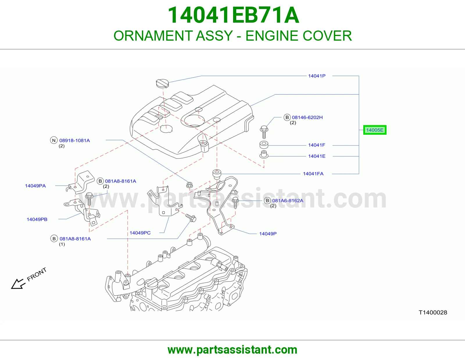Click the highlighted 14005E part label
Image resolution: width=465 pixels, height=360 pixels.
(375, 130)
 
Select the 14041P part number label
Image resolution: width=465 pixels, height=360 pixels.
(317, 76)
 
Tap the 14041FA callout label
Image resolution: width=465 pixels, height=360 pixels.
(313, 174)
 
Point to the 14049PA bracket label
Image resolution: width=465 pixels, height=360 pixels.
(35, 186)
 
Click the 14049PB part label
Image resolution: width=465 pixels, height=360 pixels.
(37, 219)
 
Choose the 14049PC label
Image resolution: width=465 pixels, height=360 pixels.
(140, 233)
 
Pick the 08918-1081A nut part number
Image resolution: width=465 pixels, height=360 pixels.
(74, 141)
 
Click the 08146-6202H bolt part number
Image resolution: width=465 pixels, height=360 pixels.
(307, 117)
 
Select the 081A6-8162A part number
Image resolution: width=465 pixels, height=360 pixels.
(288, 201)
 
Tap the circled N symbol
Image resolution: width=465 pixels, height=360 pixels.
(54, 140)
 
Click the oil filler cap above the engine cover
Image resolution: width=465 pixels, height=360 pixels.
(162, 83)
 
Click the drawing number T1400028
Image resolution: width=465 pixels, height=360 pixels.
(433, 313)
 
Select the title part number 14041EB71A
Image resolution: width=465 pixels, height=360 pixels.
(233, 15)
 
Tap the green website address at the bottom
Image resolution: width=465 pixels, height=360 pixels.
(233, 350)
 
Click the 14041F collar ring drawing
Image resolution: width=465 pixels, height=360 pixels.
(264, 145)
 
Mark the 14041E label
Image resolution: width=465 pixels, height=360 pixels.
(317, 156)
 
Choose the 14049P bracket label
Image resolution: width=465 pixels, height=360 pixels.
(268, 234)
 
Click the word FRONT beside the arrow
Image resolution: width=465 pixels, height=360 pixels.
(37, 274)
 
